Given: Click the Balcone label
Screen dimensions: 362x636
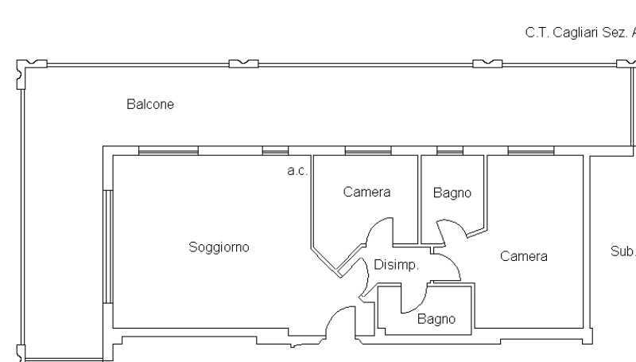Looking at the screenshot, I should pos(150,104).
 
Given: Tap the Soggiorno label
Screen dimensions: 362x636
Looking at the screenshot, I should pos(219,247).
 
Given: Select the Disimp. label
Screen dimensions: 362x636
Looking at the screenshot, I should pos(395,265).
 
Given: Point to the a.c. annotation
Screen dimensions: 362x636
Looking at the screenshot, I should pos(297,170).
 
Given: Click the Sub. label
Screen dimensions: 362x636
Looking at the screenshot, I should pos(622,251).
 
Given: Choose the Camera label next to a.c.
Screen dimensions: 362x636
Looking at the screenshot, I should pos(366,192).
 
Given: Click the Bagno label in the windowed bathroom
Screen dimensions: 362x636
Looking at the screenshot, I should pos(452,193).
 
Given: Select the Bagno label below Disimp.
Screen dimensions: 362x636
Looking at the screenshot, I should pos(436,319).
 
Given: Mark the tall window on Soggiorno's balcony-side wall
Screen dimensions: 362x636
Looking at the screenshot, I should pos(106,246).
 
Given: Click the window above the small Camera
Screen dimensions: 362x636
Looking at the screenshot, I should pos(367,151).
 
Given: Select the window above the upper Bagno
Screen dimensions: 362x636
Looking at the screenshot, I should pos(450,151).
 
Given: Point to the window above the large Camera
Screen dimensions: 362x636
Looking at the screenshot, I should pos(530,151).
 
